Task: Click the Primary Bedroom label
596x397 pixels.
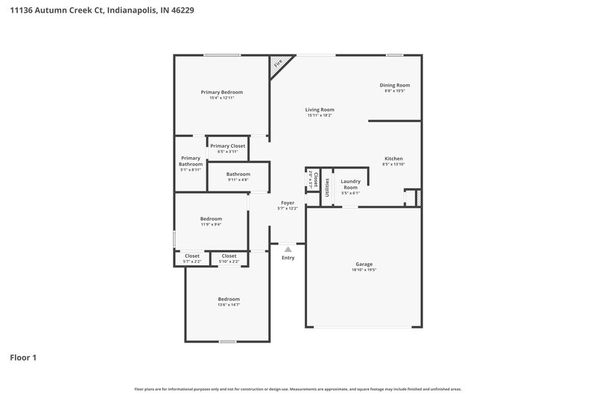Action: coord(222,92)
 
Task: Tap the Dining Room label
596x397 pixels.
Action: coord(397,85)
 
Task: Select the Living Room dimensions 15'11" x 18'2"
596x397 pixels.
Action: coord(320,115)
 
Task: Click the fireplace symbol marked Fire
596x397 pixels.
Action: coord(279,65)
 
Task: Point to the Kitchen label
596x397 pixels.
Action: coord(393,159)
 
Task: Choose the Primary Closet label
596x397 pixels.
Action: coord(227,146)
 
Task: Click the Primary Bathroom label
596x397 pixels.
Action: coord(191,161)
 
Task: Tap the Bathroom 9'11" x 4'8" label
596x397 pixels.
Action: coord(228,174)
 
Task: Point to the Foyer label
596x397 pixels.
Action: coord(288,203)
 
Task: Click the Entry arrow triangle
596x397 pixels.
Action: coord(288,250)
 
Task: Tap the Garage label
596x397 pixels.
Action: coord(364,264)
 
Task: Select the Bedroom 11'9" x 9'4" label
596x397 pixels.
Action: coord(211,218)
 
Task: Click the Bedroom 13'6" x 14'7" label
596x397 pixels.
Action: coord(229,299)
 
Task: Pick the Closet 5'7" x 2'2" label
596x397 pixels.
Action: coord(191,256)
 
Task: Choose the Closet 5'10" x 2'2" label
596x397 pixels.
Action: coord(229,256)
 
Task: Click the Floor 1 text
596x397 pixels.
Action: coord(23,358)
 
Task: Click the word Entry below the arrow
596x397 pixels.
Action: coord(288,258)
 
